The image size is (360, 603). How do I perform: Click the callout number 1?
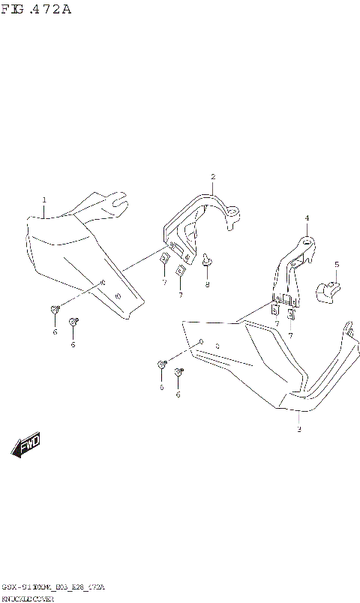click(44, 200)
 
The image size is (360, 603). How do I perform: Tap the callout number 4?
click(307, 218)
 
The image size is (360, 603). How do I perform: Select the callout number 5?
click(337, 264)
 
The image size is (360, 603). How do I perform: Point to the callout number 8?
click(208, 284)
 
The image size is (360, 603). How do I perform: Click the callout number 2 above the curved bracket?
click(213, 177)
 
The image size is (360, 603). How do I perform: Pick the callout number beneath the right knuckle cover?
click(299, 430)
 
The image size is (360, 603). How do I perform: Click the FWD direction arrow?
click(26, 445)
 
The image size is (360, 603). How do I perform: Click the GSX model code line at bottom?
click(52, 586)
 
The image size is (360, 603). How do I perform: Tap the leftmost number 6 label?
click(55, 331)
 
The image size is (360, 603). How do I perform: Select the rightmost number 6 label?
click(178, 394)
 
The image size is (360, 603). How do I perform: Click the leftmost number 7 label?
click(163, 283)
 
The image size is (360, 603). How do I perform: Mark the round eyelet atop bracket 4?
click(306, 242)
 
